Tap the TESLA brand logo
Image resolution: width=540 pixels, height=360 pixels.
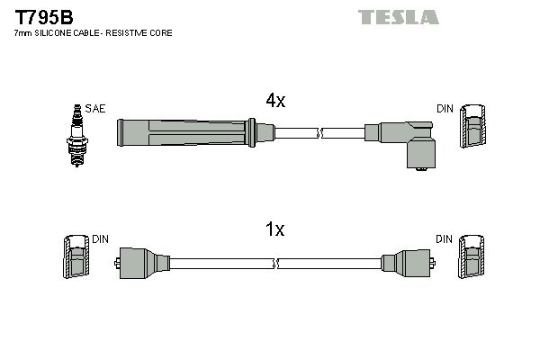(398, 17)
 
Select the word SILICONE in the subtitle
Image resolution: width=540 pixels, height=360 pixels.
(58, 33)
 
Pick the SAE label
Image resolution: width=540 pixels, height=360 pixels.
(95, 109)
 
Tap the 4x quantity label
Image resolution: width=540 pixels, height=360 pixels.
(274, 102)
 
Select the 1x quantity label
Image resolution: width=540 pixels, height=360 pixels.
(274, 230)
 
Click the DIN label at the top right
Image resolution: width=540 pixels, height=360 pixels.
(445, 109)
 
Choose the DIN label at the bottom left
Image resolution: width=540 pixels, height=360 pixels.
(100, 239)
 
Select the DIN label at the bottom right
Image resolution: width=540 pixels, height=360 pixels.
(445, 239)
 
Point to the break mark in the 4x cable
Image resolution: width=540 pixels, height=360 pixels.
(320, 133)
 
